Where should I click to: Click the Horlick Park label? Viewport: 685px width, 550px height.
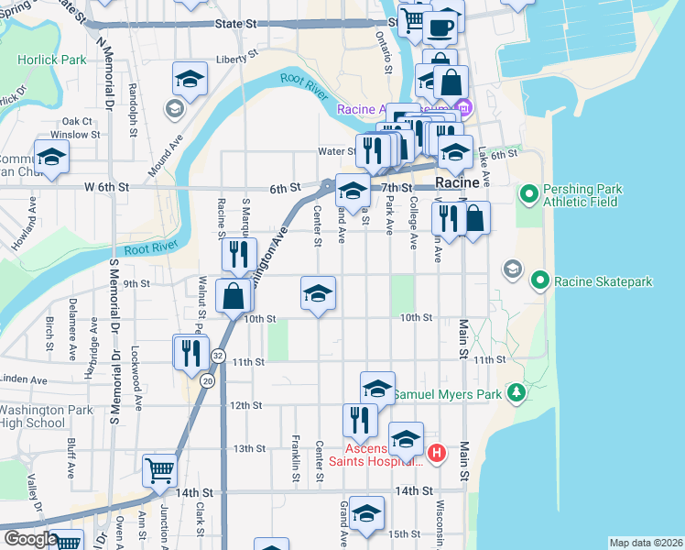click(x=52, y=60)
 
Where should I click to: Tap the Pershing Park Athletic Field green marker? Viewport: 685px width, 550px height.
click(x=528, y=194)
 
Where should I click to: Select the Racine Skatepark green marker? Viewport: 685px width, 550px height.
click(x=540, y=280)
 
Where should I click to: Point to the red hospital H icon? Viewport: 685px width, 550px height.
click(x=437, y=452)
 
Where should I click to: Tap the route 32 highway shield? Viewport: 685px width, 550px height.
click(x=217, y=355)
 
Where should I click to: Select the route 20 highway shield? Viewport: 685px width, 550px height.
click(x=209, y=380)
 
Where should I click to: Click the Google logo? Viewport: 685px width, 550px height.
click(x=29, y=539)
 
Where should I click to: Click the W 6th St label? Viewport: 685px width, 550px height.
click(x=108, y=187)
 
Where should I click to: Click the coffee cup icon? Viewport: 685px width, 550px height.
click(x=441, y=27)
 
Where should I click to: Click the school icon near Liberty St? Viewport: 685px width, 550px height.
click(x=189, y=80)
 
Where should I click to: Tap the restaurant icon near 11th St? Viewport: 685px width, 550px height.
click(x=190, y=352)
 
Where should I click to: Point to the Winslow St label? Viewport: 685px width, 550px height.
click(x=75, y=135)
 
